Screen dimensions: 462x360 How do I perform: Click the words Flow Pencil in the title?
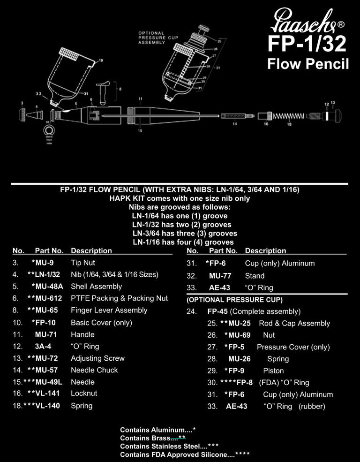307,64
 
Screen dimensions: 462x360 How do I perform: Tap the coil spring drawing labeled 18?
289,116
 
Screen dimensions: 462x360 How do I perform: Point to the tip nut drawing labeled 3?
22,114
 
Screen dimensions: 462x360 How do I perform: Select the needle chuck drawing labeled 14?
237,115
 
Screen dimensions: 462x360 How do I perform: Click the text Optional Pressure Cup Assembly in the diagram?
151,38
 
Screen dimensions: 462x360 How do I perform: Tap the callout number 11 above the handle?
140,99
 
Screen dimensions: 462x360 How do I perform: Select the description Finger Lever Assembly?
109,310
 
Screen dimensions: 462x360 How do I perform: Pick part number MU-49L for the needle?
49,382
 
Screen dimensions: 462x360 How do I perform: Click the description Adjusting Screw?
97,358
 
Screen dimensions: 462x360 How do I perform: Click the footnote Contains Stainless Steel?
163,446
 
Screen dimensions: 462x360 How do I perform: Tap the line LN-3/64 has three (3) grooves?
185,233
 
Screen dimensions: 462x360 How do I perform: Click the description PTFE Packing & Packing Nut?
119,298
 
